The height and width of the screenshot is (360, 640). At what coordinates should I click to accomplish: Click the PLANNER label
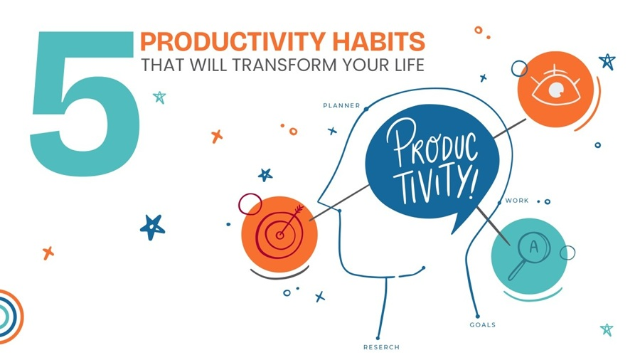coord(341,106)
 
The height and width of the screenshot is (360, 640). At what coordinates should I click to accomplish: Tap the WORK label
coord(516,201)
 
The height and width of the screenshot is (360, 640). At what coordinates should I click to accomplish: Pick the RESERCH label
coord(381,347)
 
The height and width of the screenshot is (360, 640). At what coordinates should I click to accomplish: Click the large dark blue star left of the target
coord(152,227)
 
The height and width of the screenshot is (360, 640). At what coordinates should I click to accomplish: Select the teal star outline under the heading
coord(159,97)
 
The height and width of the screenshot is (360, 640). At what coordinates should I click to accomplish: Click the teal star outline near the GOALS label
coord(606,329)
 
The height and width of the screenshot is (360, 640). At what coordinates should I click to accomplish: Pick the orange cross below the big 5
coord(48,253)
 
